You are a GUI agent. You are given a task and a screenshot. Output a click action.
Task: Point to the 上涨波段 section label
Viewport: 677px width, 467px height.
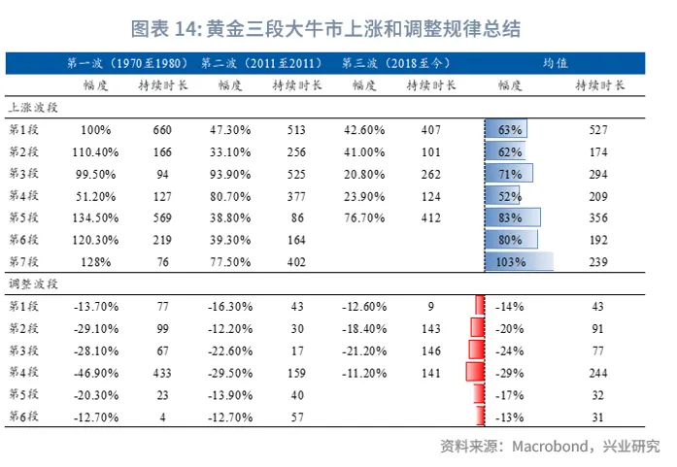click(33, 107)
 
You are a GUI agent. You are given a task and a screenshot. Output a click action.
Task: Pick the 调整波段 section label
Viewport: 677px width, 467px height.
click(33, 284)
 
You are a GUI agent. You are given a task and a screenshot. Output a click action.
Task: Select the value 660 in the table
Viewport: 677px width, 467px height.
click(162, 129)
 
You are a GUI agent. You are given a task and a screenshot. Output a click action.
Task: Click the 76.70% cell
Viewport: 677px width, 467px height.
click(364, 217)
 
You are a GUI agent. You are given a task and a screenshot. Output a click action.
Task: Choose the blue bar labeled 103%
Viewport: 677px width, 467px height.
click(519, 261)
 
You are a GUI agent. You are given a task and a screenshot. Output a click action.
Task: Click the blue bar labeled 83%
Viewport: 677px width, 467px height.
click(512, 217)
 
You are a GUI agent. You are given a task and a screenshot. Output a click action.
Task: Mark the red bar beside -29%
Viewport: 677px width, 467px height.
click(475, 373)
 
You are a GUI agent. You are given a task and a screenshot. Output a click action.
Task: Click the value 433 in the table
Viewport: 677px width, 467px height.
click(162, 373)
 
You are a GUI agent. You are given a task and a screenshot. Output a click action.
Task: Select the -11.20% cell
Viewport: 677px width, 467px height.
click(364, 373)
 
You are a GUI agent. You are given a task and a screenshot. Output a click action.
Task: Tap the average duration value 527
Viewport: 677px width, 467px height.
click(598, 129)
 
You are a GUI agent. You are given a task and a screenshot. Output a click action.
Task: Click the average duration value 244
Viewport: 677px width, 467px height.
click(598, 373)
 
